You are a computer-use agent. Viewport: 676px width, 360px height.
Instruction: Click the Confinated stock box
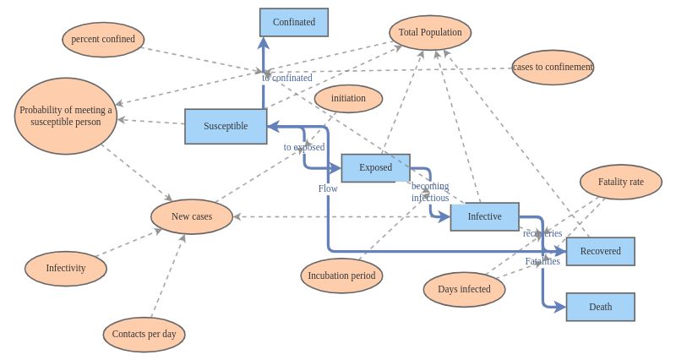pyautogui.click(x=294, y=22)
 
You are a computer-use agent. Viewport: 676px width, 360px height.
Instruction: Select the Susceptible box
pyautogui.click(x=226, y=126)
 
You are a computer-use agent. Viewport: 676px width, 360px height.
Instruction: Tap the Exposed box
pyautogui.click(x=375, y=167)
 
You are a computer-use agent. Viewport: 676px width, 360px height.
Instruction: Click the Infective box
pyautogui.click(x=484, y=216)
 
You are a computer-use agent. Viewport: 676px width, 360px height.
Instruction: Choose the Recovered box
pyautogui.click(x=600, y=251)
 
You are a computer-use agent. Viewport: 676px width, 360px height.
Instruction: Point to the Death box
pyautogui.click(x=600, y=307)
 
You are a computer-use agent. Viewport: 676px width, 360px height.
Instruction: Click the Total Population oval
pyautogui.click(x=430, y=32)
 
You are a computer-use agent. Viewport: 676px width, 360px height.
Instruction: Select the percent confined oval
pyautogui.click(x=103, y=39)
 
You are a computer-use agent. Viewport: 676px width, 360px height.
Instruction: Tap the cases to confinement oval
pyautogui.click(x=553, y=67)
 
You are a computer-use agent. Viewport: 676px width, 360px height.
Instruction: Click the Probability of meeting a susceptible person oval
pyautogui.click(x=66, y=116)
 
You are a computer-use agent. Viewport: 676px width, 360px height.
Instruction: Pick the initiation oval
pyautogui.click(x=348, y=98)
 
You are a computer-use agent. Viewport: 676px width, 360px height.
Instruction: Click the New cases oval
pyautogui.click(x=192, y=216)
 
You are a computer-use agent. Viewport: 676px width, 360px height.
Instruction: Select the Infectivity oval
pyautogui.click(x=66, y=268)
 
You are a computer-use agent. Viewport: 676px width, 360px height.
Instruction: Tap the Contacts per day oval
pyautogui.click(x=144, y=334)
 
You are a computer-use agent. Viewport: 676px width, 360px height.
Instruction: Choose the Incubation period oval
pyautogui.click(x=341, y=275)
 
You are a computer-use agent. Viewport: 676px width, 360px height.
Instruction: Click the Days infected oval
pyautogui.click(x=464, y=289)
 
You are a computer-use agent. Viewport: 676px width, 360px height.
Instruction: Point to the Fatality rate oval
pyautogui.click(x=620, y=182)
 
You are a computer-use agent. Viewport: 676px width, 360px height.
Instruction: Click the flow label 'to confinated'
pyautogui.click(x=287, y=78)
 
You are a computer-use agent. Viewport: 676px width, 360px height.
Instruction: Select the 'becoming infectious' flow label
pyautogui.click(x=430, y=192)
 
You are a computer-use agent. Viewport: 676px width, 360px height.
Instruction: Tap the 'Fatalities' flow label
pyautogui.click(x=542, y=261)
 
